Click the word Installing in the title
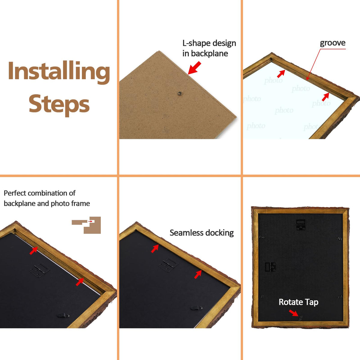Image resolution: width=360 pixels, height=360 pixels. tap(59, 72)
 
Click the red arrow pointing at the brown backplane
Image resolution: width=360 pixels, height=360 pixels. tap(194, 67)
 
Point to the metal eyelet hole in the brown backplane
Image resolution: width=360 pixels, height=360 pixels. tap(179, 93)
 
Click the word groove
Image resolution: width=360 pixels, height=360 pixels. tap(332, 43)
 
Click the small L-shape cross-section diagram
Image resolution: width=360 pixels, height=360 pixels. tap(86, 225)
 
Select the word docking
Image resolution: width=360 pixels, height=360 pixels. tap(219, 233)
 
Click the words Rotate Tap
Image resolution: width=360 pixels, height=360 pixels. tap(298, 302)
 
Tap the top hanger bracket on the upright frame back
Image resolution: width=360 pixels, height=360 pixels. tap(301, 225)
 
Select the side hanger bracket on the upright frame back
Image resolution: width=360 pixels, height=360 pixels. tap(270, 267)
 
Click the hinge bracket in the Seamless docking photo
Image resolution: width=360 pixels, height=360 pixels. tap(168, 265)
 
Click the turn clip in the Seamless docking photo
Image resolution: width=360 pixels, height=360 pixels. tap(196, 307)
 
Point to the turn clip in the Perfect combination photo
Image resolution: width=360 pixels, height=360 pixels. tap(63, 315)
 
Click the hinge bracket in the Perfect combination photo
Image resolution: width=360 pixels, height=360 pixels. tap(40, 271)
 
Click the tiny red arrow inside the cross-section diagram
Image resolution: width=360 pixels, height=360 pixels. tap(90, 221)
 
